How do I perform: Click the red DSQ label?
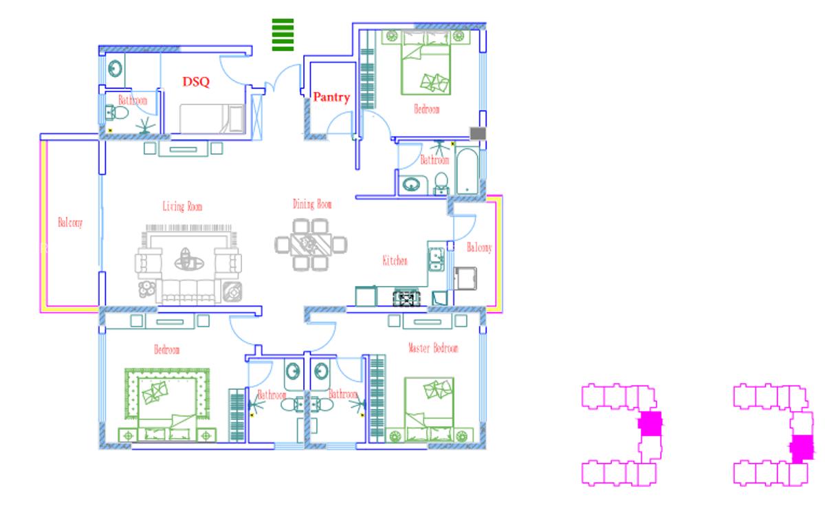point(196,81)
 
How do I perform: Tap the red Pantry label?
point(331,98)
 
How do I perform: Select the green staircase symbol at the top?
point(283,34)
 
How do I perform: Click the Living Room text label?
point(182,206)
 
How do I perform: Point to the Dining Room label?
point(312,204)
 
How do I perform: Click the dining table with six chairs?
point(311,244)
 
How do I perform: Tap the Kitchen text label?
point(395,261)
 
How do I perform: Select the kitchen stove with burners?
point(405,298)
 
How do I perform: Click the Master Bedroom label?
point(432,349)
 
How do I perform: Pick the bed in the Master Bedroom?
point(429,406)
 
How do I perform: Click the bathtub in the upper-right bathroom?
point(467,170)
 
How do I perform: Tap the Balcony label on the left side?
point(70,223)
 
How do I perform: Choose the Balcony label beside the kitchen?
point(479,247)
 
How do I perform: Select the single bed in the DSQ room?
point(212,118)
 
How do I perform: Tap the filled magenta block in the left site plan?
point(650,423)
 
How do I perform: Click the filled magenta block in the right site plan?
point(801,448)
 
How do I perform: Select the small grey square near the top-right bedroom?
point(477,133)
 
